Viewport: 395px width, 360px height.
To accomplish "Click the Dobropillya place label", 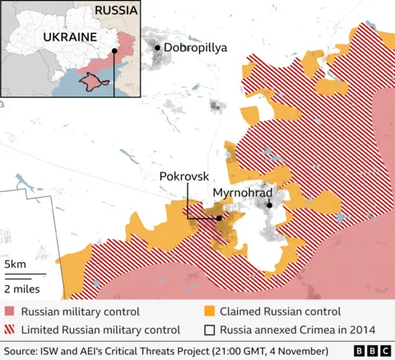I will [198, 48].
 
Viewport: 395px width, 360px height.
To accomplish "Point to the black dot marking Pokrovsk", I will [218, 218].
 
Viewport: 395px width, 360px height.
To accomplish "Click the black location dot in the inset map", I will [114, 50].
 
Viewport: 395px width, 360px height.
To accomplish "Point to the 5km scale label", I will [15, 264].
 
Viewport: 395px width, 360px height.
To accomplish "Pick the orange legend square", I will [210, 312].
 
